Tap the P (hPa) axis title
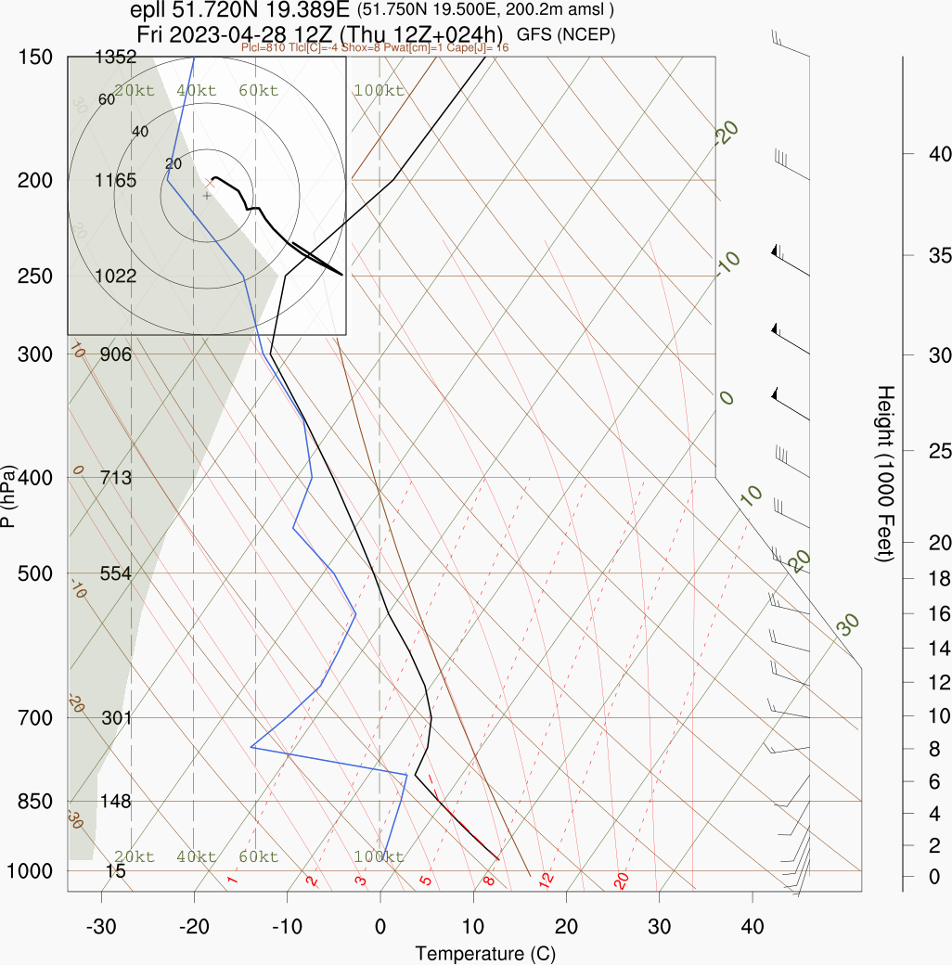[8, 495]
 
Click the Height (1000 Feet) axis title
[884, 473]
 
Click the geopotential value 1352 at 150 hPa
[116, 58]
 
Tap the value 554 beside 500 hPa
[116, 573]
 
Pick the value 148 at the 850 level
[116, 801]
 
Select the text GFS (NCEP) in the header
[566, 34]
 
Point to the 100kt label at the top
[379, 91]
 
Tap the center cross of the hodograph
[207, 196]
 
